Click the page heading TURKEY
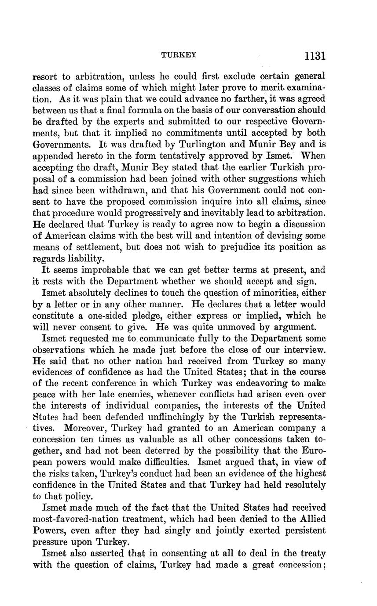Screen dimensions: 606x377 [179, 55]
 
